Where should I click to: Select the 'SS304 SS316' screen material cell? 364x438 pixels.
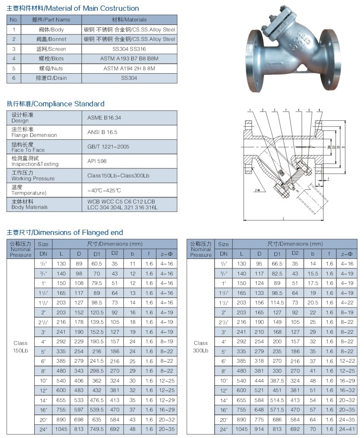(x=129, y=49)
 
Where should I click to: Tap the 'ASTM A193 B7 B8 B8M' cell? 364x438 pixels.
(x=129, y=58)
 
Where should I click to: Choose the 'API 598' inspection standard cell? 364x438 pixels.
(x=97, y=161)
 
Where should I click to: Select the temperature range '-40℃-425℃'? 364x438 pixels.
(x=104, y=190)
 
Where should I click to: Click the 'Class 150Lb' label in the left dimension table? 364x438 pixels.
(x=21, y=347)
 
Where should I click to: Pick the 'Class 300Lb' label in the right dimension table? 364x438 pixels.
(x=201, y=347)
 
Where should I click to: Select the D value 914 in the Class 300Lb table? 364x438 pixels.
(x=259, y=429)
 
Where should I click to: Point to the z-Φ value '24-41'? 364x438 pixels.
(x=347, y=429)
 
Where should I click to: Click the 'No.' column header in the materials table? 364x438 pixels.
(x=14, y=19)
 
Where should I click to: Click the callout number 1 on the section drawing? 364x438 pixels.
(x=250, y=110)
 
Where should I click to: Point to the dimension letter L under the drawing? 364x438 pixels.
(x=284, y=218)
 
